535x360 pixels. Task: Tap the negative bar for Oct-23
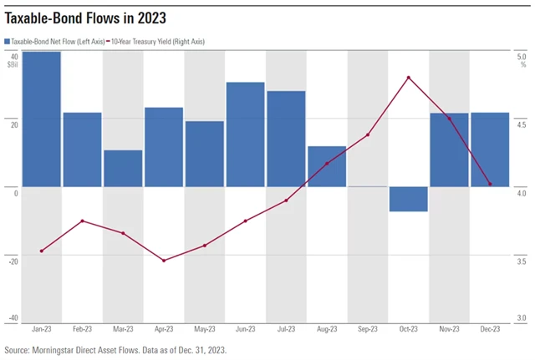(x=409, y=199)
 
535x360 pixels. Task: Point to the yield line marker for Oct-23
(x=409, y=78)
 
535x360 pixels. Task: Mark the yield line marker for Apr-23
(x=164, y=261)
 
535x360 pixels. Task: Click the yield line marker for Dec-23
(x=490, y=185)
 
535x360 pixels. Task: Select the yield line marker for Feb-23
(x=82, y=221)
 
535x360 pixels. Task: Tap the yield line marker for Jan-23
(x=41, y=251)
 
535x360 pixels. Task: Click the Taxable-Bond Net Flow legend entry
(x=59, y=41)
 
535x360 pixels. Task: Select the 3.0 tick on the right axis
(x=522, y=318)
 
